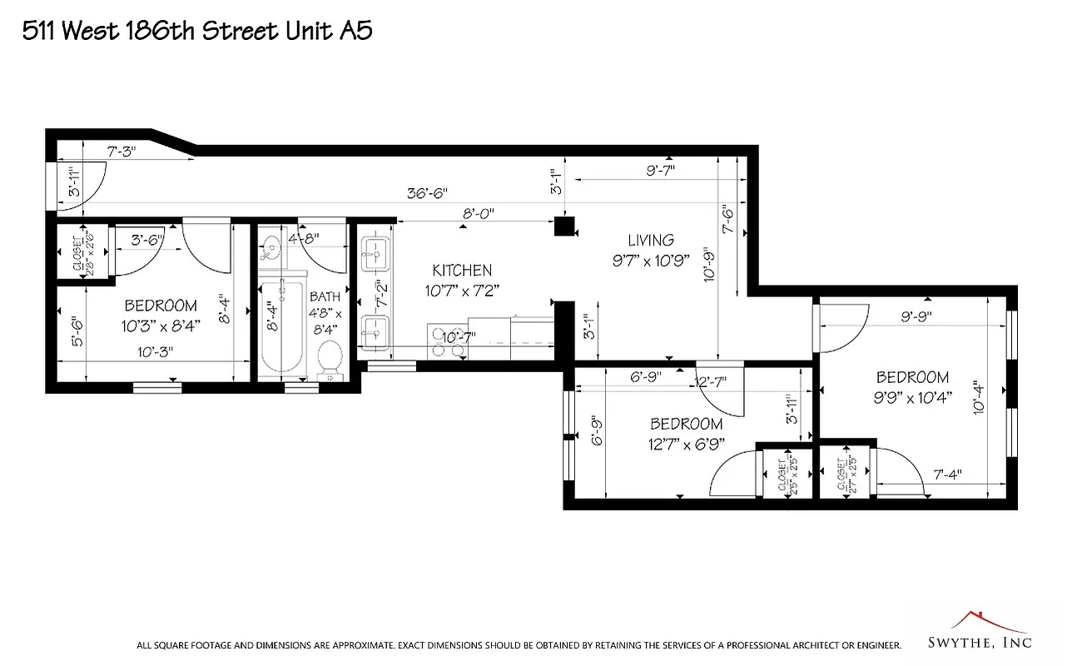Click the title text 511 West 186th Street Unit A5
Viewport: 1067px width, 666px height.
196,32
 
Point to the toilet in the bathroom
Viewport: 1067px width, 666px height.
330,359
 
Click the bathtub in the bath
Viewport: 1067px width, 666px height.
281,329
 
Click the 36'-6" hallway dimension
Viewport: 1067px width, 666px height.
427,192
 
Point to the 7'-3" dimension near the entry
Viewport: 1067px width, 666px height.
122,152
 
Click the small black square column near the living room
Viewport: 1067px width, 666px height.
565,226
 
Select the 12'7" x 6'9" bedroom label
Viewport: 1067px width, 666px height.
687,433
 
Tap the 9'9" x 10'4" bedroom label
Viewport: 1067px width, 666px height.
912,387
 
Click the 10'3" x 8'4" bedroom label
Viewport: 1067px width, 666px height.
161,316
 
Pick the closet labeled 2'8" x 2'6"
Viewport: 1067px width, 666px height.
83,251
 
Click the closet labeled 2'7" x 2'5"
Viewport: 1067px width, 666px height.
846,474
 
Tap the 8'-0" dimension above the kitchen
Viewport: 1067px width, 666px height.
479,213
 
